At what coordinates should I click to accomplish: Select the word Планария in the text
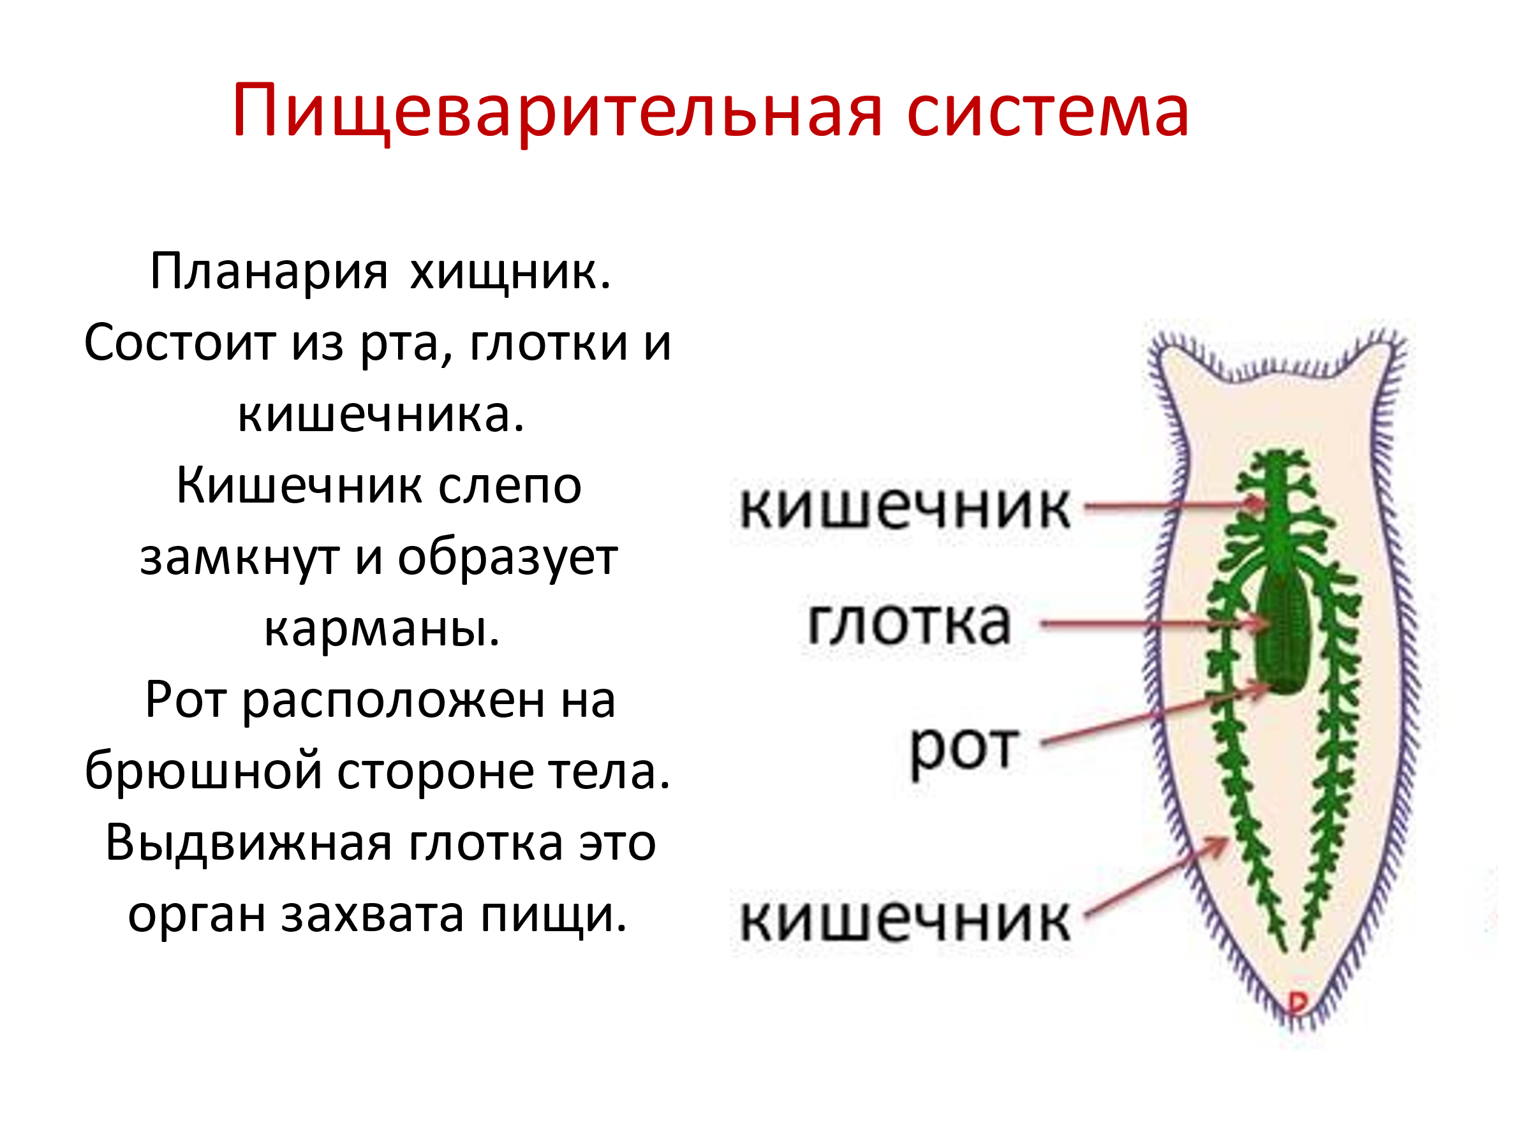tap(269, 271)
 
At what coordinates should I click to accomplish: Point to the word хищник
tap(511, 272)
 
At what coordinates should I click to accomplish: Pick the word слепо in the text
tap(510, 486)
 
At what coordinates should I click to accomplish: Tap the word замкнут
tap(239, 558)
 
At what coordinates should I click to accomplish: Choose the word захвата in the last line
tap(373, 915)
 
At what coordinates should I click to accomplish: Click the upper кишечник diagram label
tap(905, 507)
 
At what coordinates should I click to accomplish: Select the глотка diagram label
tap(910, 624)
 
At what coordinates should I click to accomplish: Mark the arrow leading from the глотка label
tap(1155, 624)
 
